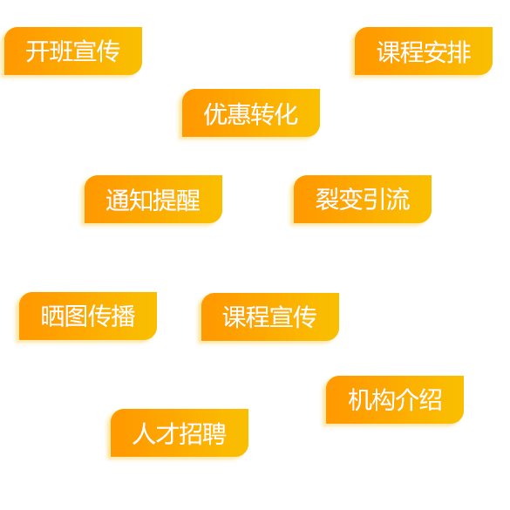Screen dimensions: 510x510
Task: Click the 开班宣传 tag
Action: tap(73, 51)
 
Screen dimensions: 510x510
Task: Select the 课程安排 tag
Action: tap(424, 51)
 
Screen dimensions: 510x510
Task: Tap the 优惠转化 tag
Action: tap(251, 112)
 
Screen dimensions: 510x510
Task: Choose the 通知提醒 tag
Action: tap(153, 200)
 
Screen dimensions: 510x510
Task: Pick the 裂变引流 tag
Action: tap(363, 200)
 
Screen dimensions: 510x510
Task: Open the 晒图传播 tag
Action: tap(88, 316)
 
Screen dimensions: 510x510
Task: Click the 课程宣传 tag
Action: tap(270, 316)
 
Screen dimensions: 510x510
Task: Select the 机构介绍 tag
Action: tap(395, 400)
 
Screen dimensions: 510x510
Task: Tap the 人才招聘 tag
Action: tap(180, 433)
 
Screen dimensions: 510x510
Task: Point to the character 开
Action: tap(37, 51)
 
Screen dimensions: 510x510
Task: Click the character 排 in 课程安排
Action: tap(459, 51)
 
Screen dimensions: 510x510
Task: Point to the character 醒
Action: tap(188, 200)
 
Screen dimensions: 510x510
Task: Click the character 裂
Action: tap(327, 200)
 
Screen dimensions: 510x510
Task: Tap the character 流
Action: tap(398, 200)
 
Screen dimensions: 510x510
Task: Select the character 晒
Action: tap(52, 316)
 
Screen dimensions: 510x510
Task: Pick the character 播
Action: tap(123, 316)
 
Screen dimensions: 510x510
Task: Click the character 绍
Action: tap(430, 400)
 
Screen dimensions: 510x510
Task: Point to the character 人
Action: tap(144, 433)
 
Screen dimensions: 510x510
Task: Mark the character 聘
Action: tap(214, 433)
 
